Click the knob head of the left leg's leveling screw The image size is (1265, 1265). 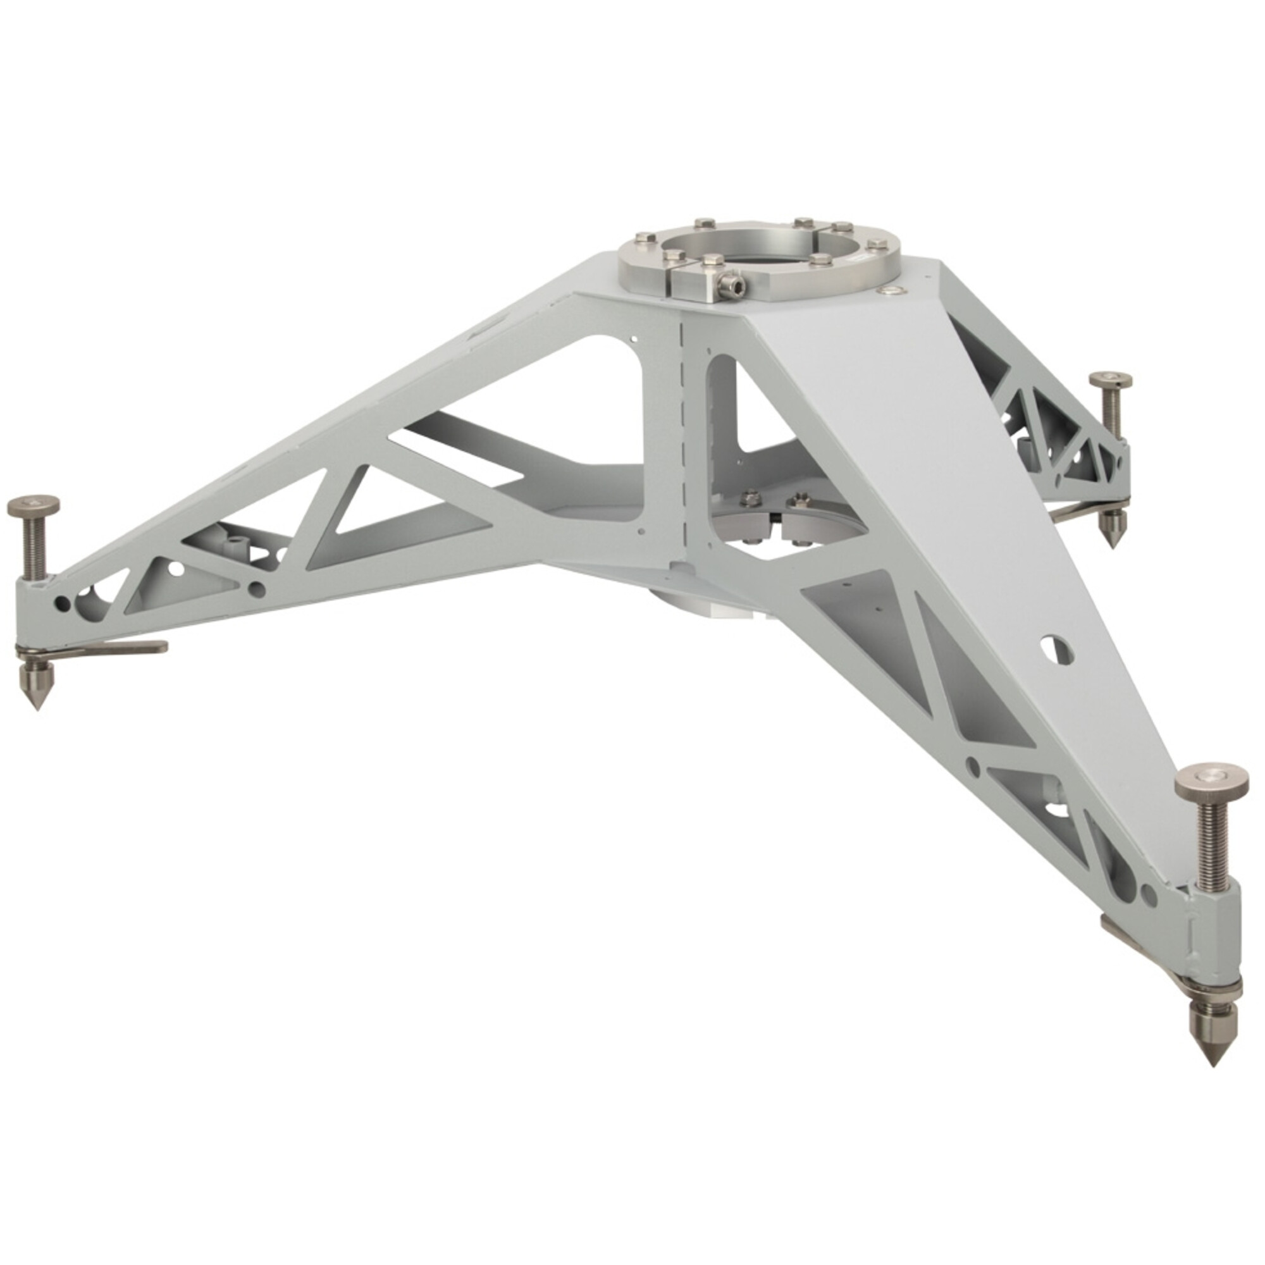[x=33, y=504]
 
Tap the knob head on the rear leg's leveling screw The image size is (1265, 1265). [x=1112, y=381]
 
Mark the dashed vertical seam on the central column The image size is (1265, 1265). [x=682, y=445]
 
